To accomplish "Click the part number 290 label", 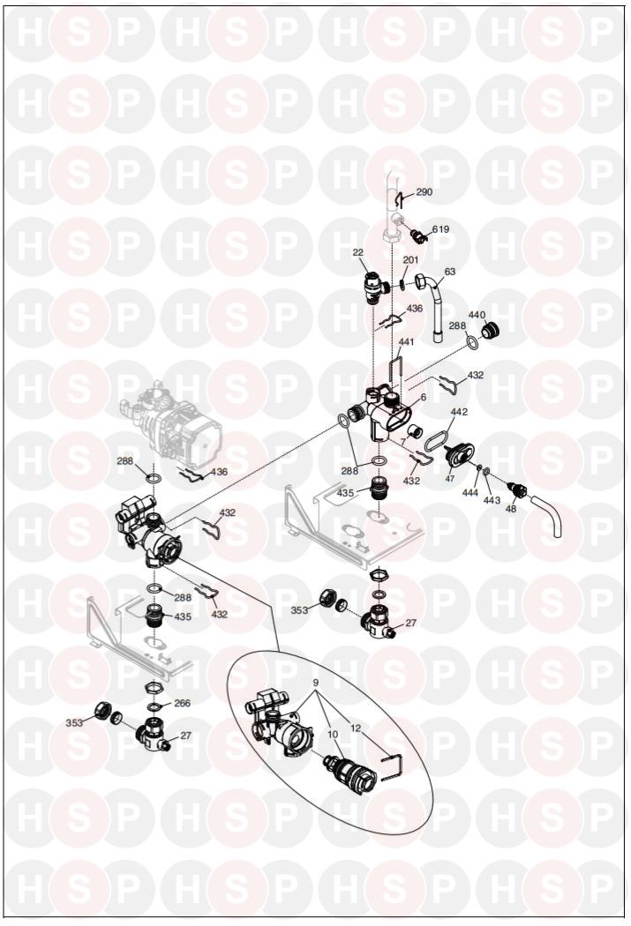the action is tap(424, 192).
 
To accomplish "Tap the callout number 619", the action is tap(440, 229).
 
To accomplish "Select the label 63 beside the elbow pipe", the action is tap(450, 272).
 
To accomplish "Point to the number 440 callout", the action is tap(477, 315).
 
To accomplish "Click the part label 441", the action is tap(407, 342).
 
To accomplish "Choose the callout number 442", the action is tap(459, 412).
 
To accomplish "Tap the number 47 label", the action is tap(449, 478).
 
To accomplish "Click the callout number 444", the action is tap(470, 492).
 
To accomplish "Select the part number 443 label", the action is tap(492, 500).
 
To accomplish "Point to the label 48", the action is tap(511, 509).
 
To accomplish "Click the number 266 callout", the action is tap(183, 703).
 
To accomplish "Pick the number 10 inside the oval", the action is tap(333, 734).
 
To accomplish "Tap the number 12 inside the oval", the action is tap(355, 728).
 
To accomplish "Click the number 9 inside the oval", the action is tap(316, 683).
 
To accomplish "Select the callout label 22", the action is tap(358, 253).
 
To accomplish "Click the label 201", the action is tap(410, 260).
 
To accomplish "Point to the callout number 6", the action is tap(423, 398).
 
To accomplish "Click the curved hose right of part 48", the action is tap(548, 516).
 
